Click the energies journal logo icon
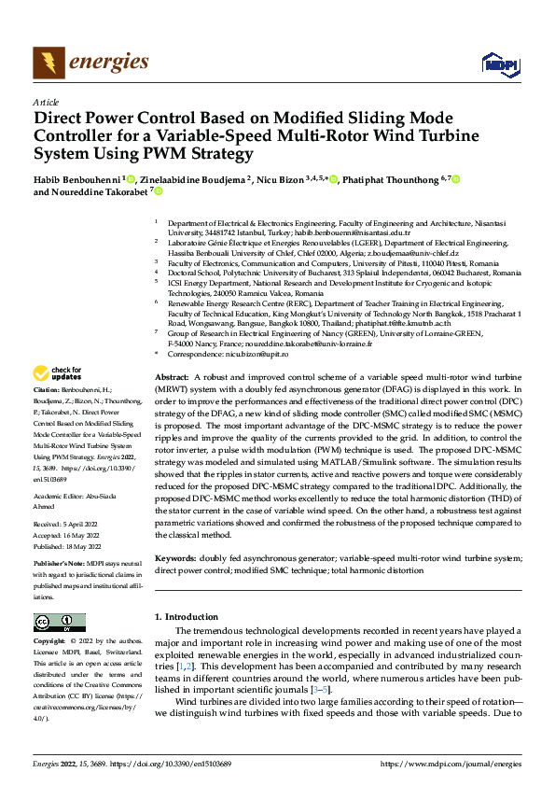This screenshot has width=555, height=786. (47, 63)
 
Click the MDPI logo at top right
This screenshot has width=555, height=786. (496, 63)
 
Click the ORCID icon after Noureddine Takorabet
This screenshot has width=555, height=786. (159, 192)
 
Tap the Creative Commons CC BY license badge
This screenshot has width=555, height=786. (59, 623)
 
